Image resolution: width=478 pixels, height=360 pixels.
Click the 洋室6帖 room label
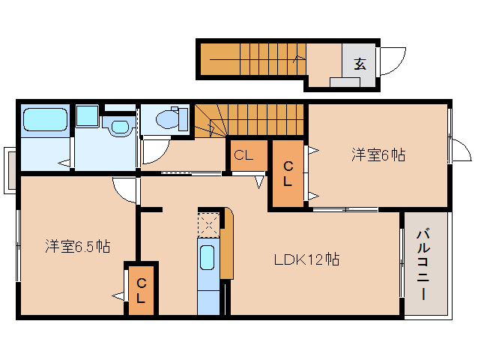tap(378, 155)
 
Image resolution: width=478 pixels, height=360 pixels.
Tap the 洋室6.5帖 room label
tap(77, 245)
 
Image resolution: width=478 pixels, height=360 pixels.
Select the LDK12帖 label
tap(306, 259)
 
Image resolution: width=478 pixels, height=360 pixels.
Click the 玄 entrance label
tap(360, 64)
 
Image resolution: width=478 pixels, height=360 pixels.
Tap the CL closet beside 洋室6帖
tap(287, 174)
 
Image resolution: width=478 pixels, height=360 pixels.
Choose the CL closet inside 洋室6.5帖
tap(141, 289)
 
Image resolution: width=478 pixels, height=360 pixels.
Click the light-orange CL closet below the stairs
tap(246, 156)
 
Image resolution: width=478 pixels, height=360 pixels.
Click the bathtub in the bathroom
tap(45, 120)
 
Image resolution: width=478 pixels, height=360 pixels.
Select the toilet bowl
tap(170, 118)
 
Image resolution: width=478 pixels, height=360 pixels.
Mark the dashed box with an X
tap(208, 223)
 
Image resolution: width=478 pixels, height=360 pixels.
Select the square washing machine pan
tap(88, 115)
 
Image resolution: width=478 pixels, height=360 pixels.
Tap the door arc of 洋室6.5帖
tap(126, 190)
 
